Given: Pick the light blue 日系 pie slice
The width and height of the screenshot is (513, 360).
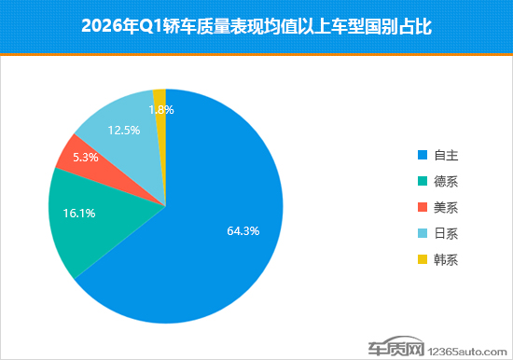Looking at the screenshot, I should [x=117, y=117].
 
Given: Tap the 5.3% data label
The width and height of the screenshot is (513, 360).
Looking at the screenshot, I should [x=85, y=157].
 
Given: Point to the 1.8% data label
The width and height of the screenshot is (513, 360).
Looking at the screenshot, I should [x=161, y=109].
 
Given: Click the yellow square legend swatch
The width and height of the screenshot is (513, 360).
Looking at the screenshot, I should [x=423, y=259].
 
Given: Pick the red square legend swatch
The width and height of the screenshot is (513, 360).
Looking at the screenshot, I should [x=423, y=207].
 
